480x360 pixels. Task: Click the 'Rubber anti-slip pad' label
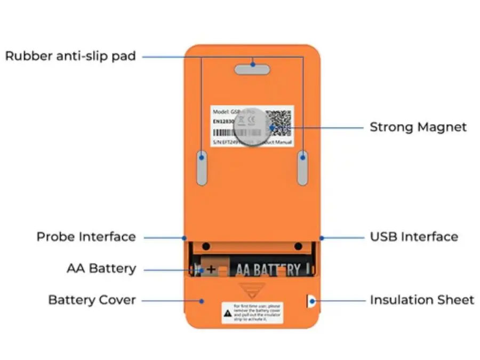point(70,56)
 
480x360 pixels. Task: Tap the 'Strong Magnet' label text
point(418,127)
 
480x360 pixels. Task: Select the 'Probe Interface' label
point(86,237)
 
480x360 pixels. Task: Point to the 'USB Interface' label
point(414,237)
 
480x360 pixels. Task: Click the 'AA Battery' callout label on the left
point(101,269)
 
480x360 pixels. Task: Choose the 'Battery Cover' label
point(92,300)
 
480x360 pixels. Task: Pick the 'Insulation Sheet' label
point(422,300)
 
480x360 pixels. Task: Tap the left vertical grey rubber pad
point(202,167)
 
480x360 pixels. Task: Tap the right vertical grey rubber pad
point(302,167)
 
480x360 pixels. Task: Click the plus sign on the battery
point(211,269)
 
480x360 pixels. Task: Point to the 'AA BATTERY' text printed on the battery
point(268,269)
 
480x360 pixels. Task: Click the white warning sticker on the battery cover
point(252,313)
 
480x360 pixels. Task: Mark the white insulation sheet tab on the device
point(310,301)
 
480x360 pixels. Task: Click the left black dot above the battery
point(206,246)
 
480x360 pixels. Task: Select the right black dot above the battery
point(298,246)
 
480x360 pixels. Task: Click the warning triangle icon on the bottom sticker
point(228,315)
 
